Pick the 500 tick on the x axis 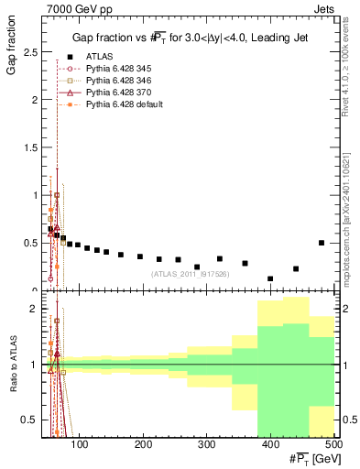[333, 446]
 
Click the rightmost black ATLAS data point [321, 243]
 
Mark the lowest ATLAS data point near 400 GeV [270, 278]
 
